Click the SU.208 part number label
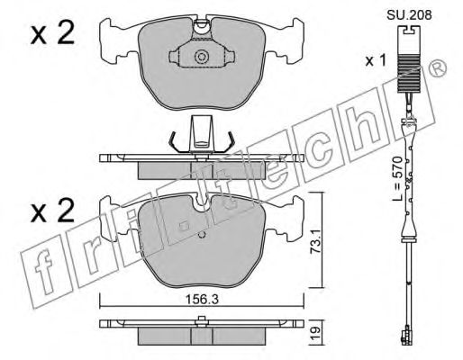pos(409,14)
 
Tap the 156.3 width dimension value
pos(201,299)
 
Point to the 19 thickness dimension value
pos(314,333)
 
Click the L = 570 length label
pos(398,178)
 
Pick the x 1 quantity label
pos(376,61)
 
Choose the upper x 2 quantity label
pos(52,33)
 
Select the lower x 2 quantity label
pos(52,210)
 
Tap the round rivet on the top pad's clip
pos(201,57)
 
